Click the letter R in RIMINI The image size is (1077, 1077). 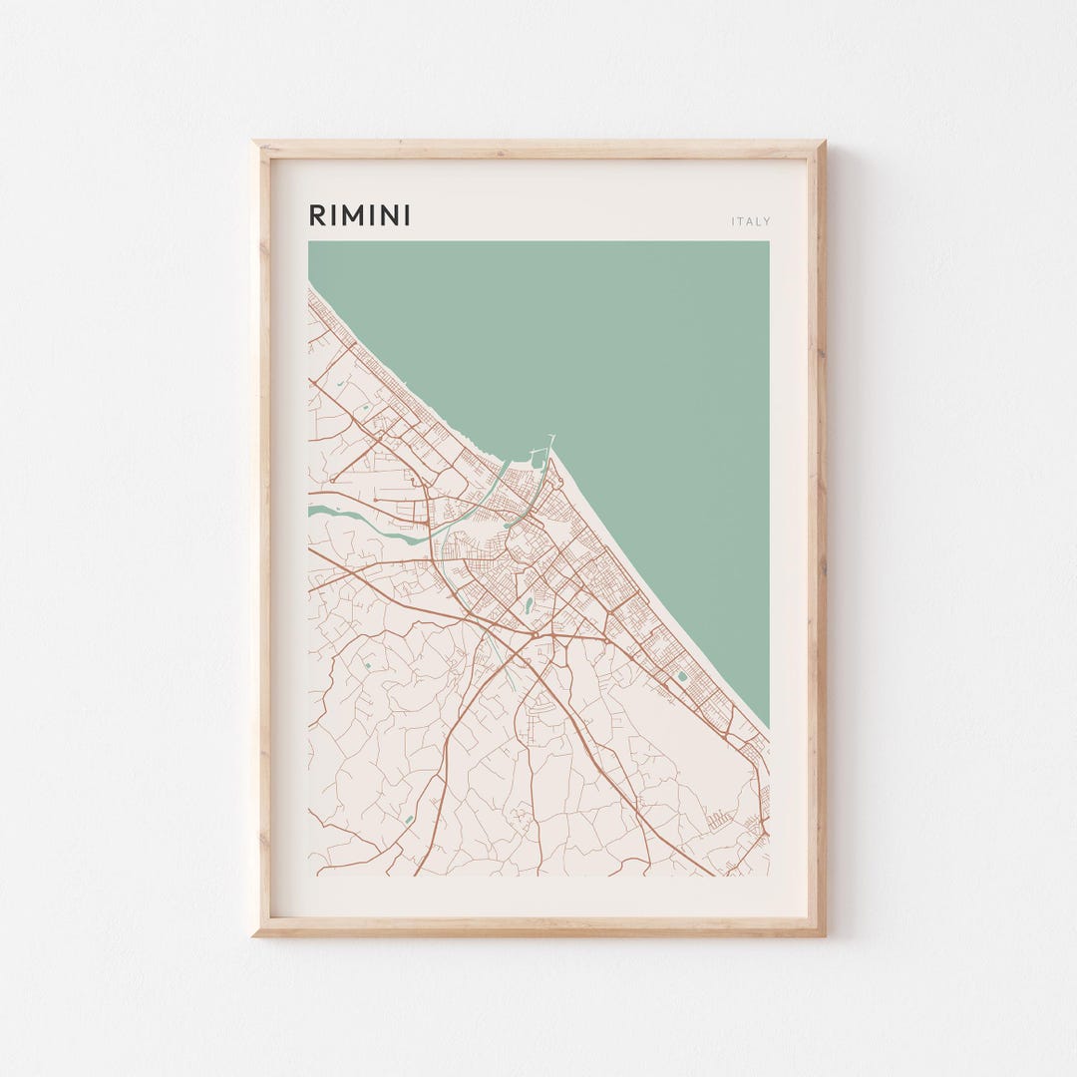pos(316,215)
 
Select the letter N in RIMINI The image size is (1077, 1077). pos(390,215)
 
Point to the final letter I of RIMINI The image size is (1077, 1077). pos(407,215)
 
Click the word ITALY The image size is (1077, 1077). pos(751,221)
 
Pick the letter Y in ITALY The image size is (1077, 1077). pos(767,221)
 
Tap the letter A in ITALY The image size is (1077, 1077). pos(750,221)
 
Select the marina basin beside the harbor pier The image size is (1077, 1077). pos(538,461)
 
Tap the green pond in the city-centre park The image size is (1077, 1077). pos(527,604)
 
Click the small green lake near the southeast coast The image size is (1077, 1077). pos(682,676)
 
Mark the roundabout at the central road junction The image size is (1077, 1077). pos(534,635)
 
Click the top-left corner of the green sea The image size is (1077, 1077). pos(310,243)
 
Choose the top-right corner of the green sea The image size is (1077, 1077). pos(767,243)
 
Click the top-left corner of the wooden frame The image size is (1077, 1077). pos(255,144)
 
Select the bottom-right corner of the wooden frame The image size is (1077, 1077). pos(823,933)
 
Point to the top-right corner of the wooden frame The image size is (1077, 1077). pos(823,144)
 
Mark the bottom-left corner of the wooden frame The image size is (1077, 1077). pos(255,933)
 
